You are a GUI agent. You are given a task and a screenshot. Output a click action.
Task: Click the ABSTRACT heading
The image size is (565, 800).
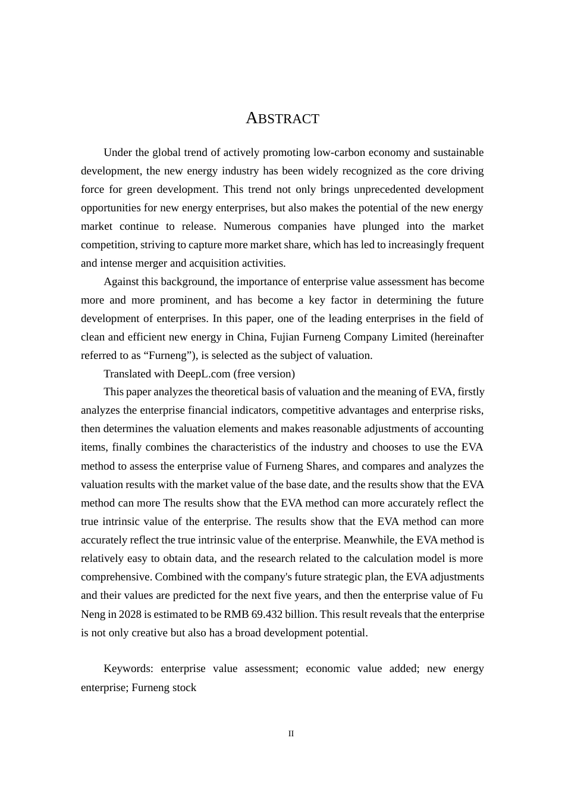click(x=282, y=118)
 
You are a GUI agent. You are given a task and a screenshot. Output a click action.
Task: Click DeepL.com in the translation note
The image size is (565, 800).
click(x=203, y=374)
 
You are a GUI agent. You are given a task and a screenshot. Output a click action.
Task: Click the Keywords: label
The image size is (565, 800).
click(x=128, y=668)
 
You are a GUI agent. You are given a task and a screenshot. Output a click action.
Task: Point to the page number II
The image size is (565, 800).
click(x=291, y=734)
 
